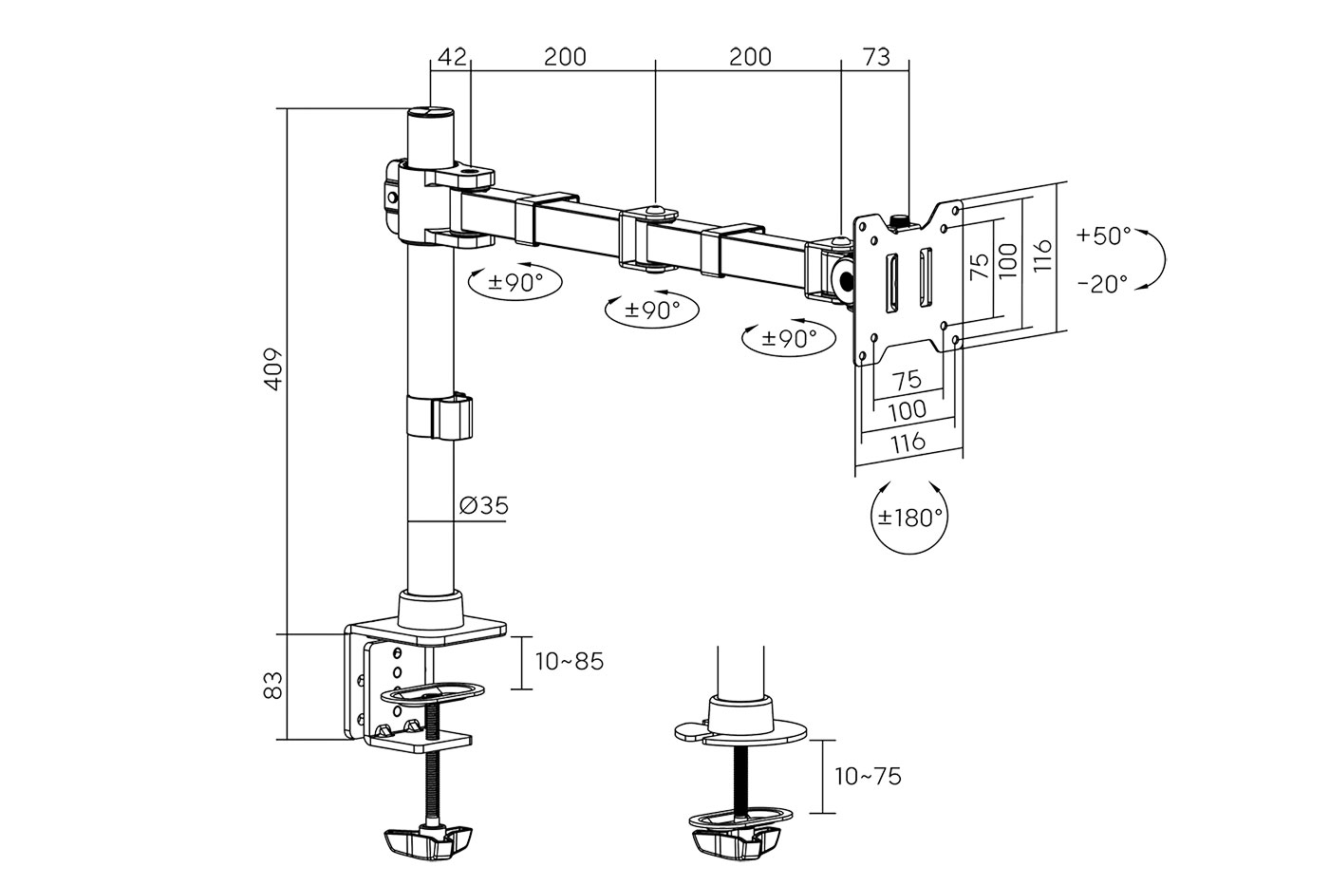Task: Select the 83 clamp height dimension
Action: [273, 685]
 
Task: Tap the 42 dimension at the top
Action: [451, 57]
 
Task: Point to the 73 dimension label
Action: [875, 57]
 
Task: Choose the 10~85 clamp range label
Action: [569, 661]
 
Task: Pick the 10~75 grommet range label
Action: [868, 776]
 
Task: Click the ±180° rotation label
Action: [909, 518]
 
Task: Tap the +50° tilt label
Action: [1104, 236]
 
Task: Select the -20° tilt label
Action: [1104, 283]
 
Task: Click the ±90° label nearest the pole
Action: [515, 281]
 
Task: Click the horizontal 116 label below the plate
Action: [908, 442]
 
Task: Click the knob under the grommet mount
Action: [737, 840]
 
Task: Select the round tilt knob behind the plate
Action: [842, 278]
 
